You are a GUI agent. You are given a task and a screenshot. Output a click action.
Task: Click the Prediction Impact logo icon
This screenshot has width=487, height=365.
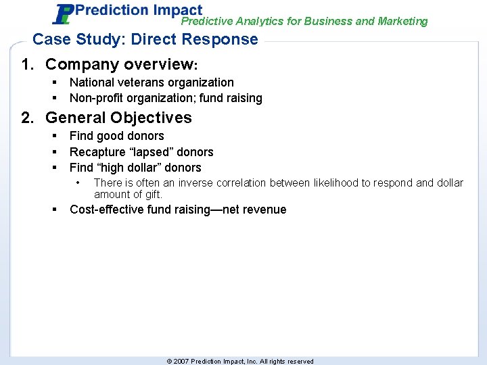point(64,14)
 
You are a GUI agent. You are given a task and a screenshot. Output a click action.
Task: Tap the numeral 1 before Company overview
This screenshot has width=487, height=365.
point(26,65)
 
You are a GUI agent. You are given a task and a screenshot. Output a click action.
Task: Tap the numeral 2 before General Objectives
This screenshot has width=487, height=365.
point(26,118)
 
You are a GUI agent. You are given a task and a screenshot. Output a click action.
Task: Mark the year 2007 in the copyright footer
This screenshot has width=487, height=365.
point(181,362)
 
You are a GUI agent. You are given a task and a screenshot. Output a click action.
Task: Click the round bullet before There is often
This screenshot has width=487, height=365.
point(80,182)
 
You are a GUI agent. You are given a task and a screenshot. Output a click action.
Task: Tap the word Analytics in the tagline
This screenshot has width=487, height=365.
point(254,22)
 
